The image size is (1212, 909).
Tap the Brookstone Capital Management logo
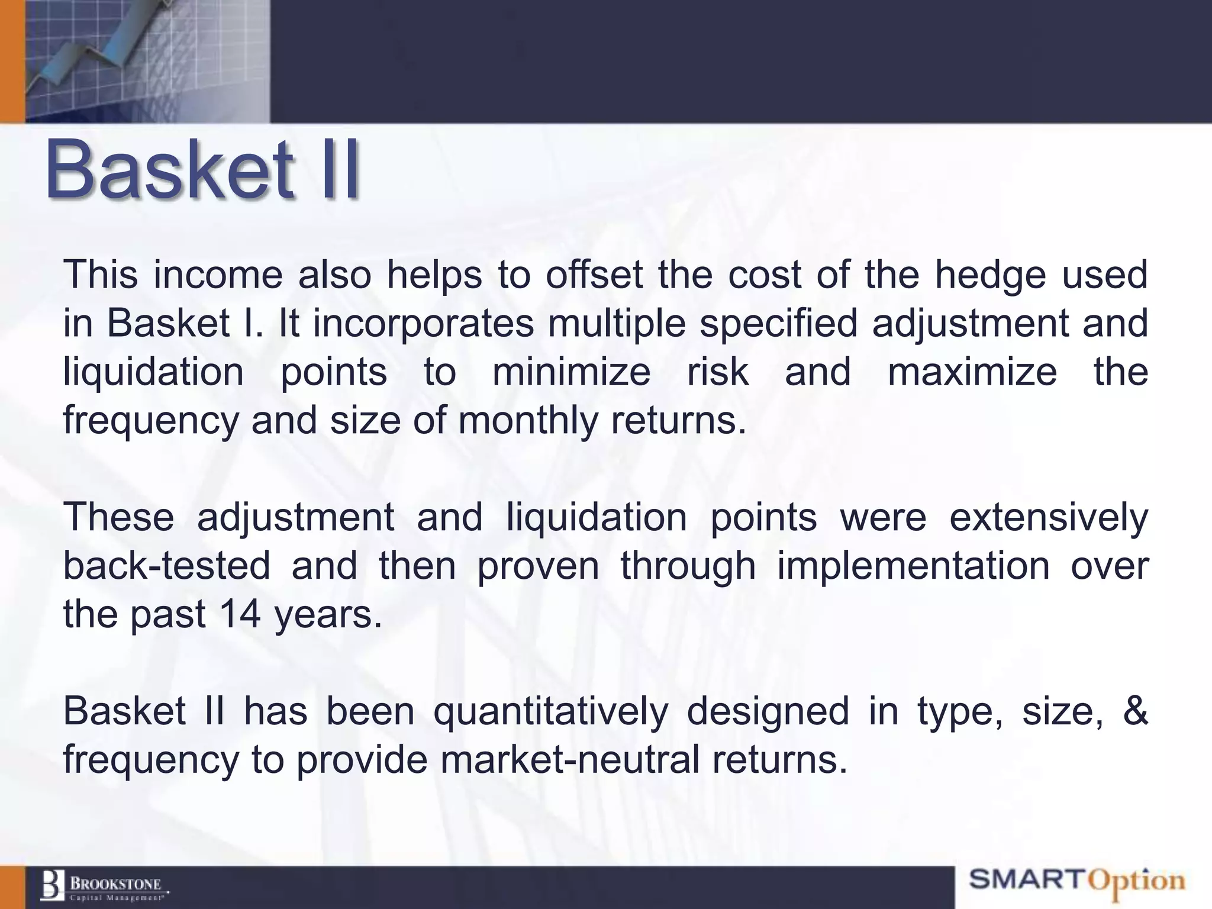(x=104, y=886)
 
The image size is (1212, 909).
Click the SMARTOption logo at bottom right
(x=1076, y=881)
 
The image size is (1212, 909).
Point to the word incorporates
(x=423, y=324)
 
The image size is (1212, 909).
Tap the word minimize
(x=571, y=372)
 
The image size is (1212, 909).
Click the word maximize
(x=972, y=372)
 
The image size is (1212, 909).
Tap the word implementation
(x=913, y=565)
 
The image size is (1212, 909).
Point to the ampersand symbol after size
(x=1134, y=711)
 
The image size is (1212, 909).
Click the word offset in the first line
(x=594, y=275)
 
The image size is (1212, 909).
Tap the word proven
(x=538, y=565)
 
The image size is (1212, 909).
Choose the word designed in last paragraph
(x=768, y=711)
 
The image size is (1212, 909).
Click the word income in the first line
(x=218, y=275)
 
